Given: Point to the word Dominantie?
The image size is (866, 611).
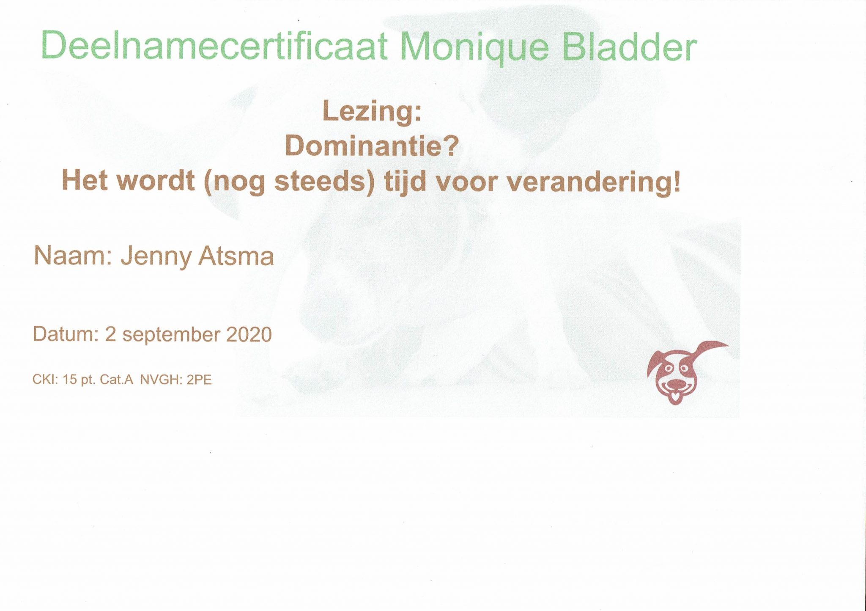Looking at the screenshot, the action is (x=372, y=146).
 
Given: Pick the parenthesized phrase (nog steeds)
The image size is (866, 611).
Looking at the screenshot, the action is (x=289, y=183).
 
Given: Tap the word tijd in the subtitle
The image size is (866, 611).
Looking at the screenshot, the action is (x=403, y=182).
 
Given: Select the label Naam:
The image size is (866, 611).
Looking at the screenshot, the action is (x=72, y=256).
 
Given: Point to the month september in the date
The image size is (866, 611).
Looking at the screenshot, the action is (x=171, y=336).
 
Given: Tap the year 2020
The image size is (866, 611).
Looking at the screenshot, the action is (x=249, y=334).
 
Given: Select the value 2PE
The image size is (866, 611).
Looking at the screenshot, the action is (x=199, y=380).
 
